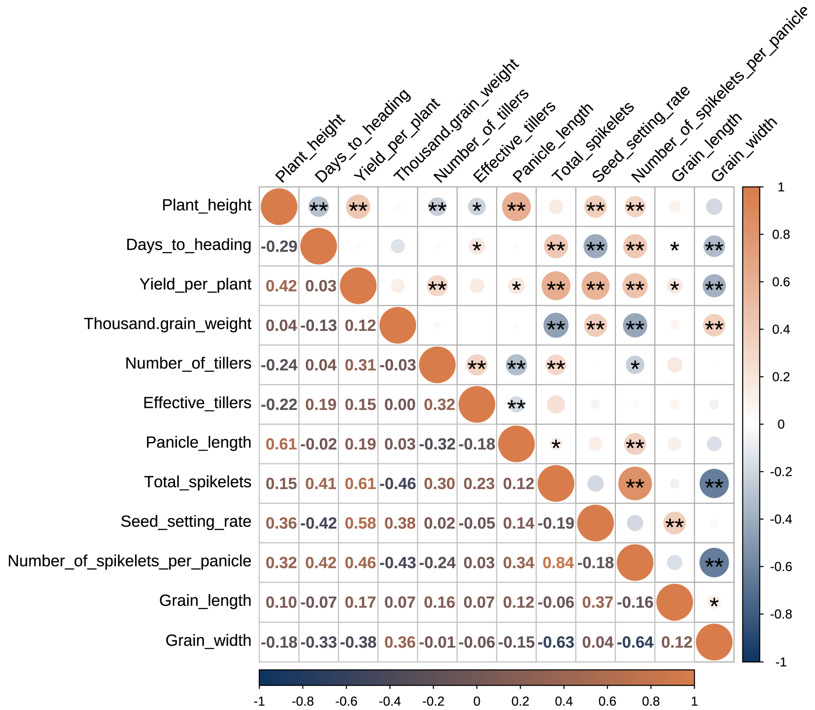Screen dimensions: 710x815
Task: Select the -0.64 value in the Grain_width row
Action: [x=635, y=642]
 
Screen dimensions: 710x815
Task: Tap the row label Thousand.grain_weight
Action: [x=167, y=324]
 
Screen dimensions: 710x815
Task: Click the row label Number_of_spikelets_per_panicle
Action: [x=129, y=561]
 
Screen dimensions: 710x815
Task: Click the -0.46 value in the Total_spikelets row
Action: [x=398, y=484]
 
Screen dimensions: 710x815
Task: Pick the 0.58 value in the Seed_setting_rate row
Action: [x=360, y=523]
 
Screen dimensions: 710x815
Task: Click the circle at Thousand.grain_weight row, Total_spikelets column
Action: [x=556, y=326]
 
